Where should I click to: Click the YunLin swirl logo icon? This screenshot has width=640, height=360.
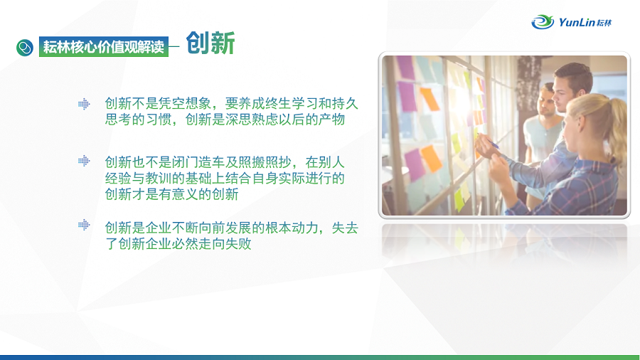(543, 22)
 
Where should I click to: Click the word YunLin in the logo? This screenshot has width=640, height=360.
(577, 22)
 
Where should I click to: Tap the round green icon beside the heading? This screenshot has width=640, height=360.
(25, 48)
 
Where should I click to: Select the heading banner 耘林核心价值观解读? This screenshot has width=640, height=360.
(104, 47)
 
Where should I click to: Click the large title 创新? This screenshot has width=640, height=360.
(210, 43)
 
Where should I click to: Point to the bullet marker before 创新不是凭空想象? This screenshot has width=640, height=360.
(84, 104)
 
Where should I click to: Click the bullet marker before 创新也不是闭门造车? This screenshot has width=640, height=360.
(84, 161)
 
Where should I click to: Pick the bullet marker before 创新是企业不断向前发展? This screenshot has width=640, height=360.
(84, 225)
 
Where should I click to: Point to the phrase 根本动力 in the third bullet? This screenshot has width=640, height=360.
(292, 228)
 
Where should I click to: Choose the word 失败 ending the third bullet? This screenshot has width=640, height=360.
(238, 243)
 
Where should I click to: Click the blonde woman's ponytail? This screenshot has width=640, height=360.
(617, 131)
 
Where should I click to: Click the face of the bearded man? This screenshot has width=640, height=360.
(545, 102)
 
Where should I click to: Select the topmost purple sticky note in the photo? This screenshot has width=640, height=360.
(406, 68)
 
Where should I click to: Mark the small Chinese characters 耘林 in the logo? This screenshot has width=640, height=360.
(604, 23)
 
